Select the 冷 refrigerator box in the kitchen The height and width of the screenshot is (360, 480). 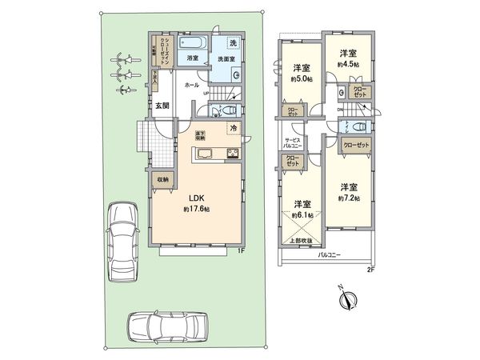(x=234, y=129)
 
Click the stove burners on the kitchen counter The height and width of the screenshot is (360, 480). (x=233, y=154)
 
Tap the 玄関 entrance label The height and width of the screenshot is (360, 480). (x=161, y=106)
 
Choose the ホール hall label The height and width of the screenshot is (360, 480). (x=192, y=83)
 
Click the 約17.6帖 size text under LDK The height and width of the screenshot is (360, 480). (x=194, y=209)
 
